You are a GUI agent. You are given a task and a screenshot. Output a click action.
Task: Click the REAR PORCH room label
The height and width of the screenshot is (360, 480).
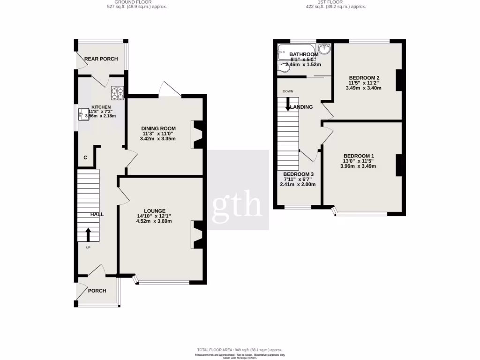(101, 59)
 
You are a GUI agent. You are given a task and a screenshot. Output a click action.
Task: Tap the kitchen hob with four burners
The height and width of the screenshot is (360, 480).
(117, 93)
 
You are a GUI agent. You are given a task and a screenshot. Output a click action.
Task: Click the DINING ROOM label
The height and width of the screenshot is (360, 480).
(159, 128)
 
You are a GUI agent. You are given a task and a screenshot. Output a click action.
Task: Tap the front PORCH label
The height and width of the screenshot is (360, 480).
(97, 291)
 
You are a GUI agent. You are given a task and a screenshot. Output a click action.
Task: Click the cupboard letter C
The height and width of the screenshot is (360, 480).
(85, 158)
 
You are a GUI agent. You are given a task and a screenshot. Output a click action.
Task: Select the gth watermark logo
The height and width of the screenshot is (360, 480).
(238, 203)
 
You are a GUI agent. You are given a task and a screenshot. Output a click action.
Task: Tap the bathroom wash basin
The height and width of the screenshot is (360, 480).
(325, 49)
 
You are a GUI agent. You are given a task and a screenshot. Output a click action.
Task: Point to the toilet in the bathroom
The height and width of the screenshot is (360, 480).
(284, 68)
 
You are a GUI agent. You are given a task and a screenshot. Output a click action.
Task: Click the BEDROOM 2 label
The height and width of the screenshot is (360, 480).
(364, 77)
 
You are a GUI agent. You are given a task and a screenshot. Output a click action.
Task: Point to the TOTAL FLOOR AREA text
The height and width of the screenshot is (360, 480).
(240, 350)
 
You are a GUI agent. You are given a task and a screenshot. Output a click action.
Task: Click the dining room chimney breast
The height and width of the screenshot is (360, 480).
(198, 135)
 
